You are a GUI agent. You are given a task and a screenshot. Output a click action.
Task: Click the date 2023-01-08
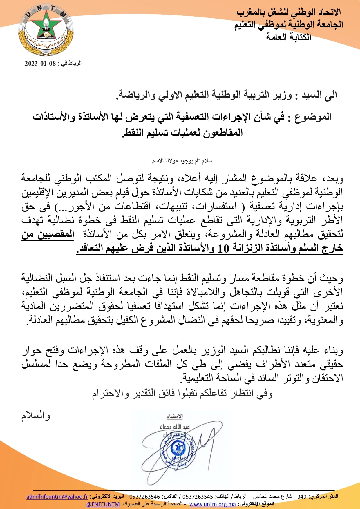[x=40, y=64]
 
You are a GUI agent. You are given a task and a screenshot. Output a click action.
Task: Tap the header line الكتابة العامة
[x=289, y=37]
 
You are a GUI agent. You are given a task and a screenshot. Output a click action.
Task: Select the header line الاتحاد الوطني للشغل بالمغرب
[x=289, y=12]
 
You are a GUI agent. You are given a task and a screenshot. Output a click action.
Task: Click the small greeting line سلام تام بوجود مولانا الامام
[x=182, y=161]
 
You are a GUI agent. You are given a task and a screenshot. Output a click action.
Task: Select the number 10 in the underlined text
[x=223, y=249]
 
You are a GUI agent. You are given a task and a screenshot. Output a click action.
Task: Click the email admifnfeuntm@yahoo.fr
[x=57, y=497]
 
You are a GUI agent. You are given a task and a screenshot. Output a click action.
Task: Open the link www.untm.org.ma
[x=212, y=504]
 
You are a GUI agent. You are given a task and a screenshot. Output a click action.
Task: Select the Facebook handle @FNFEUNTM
[x=103, y=504]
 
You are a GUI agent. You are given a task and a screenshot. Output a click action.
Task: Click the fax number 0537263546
[x=144, y=497]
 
